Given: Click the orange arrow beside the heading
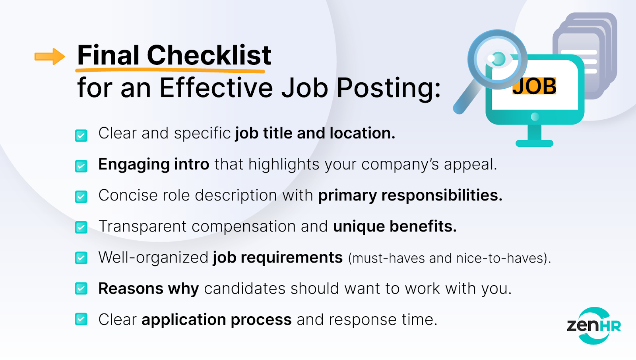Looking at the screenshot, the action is [50, 56].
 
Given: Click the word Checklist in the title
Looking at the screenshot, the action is [209, 55].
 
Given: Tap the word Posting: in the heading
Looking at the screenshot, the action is [389, 88].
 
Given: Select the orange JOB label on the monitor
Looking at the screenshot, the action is [534, 86].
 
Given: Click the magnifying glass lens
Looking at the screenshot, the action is [497, 59].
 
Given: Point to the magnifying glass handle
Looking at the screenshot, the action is [467, 98].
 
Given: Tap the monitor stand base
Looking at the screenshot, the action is [534, 143].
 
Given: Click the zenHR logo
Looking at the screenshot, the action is [594, 326].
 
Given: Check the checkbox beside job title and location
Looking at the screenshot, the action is [81, 135].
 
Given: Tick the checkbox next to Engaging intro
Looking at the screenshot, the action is [81, 166].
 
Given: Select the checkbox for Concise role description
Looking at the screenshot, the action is [81, 197].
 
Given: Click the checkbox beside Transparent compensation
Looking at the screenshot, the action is [81, 227].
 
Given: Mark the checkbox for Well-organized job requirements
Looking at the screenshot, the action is [81, 258].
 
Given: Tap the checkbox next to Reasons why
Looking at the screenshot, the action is [81, 289].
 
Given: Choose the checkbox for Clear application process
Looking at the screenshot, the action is [81, 319].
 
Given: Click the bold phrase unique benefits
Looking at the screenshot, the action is [395, 226].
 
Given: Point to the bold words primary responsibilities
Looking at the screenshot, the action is [410, 196].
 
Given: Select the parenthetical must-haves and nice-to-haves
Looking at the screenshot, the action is [450, 258].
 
